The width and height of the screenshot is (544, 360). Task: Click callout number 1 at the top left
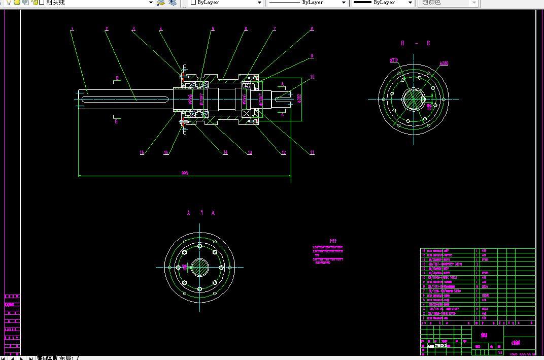pyautogui.click(x=73, y=29)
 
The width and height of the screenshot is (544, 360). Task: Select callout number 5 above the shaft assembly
pyautogui.click(x=213, y=29)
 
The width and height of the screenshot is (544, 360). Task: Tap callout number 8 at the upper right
pyautogui.click(x=313, y=29)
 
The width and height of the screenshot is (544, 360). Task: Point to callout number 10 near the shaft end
pyautogui.click(x=313, y=77)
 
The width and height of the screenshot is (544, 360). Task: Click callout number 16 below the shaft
pyautogui.click(x=142, y=152)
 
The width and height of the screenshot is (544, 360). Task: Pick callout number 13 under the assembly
pyautogui.click(x=250, y=152)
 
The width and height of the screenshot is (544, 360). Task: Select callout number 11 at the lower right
pyautogui.click(x=313, y=152)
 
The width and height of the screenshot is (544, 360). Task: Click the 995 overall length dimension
pyautogui.click(x=185, y=173)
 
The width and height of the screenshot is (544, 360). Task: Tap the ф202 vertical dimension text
pyautogui.click(x=299, y=99)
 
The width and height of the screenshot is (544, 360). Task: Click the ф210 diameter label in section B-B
pyautogui.click(x=393, y=60)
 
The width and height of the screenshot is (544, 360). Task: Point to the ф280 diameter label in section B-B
pyautogui.click(x=444, y=64)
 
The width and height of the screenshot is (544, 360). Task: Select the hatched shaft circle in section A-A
pyautogui.click(x=199, y=267)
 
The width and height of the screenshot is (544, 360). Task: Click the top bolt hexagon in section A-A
pyautogui.click(x=199, y=245)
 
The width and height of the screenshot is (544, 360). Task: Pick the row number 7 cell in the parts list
pyautogui.click(x=424, y=290)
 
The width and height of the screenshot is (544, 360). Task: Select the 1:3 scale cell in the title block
pyautogui.click(x=500, y=352)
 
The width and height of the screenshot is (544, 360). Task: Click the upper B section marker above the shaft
pyautogui.click(x=117, y=78)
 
